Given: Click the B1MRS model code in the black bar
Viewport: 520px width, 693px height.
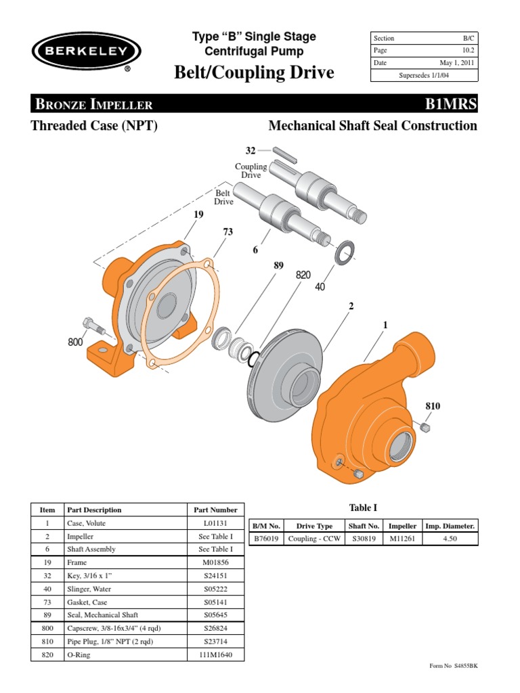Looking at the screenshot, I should [450, 104].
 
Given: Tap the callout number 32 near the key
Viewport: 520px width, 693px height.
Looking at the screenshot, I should [250, 150].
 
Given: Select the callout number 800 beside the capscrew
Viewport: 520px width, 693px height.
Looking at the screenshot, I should [74, 342].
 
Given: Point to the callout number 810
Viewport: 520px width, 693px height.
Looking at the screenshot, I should [432, 406].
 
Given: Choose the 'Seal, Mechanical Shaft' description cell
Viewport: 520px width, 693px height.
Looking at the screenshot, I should [102, 614].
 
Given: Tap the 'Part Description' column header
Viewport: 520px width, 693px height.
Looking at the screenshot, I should [95, 510].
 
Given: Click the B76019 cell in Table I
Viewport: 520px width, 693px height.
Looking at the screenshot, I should [265, 539].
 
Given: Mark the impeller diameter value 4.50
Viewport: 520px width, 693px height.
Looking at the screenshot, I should [450, 539].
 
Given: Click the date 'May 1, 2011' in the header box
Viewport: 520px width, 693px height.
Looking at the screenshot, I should [457, 63].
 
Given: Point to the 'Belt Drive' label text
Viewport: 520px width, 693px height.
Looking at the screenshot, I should [223, 197].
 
